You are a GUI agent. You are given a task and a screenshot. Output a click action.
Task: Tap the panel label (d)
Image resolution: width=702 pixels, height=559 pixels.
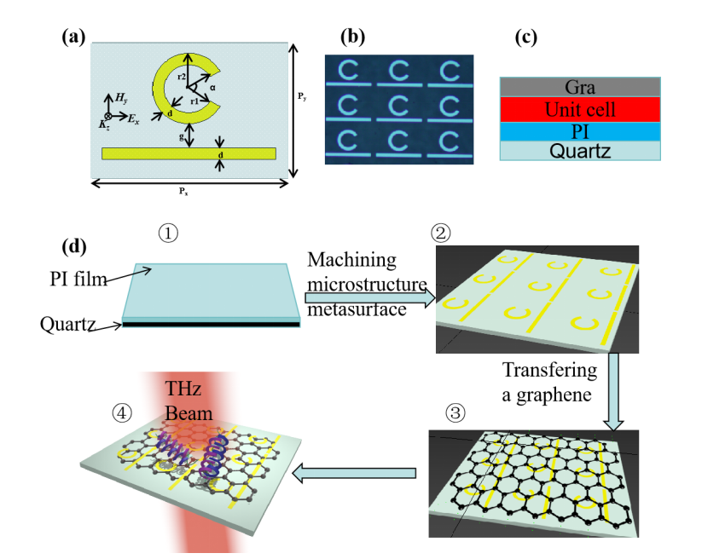74,248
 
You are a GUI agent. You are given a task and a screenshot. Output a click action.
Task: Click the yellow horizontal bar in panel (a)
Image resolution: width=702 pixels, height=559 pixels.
189,153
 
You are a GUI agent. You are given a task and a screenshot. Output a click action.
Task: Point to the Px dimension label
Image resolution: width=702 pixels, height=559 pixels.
183,192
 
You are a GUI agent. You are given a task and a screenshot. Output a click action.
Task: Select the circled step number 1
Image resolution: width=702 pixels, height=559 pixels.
167,230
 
